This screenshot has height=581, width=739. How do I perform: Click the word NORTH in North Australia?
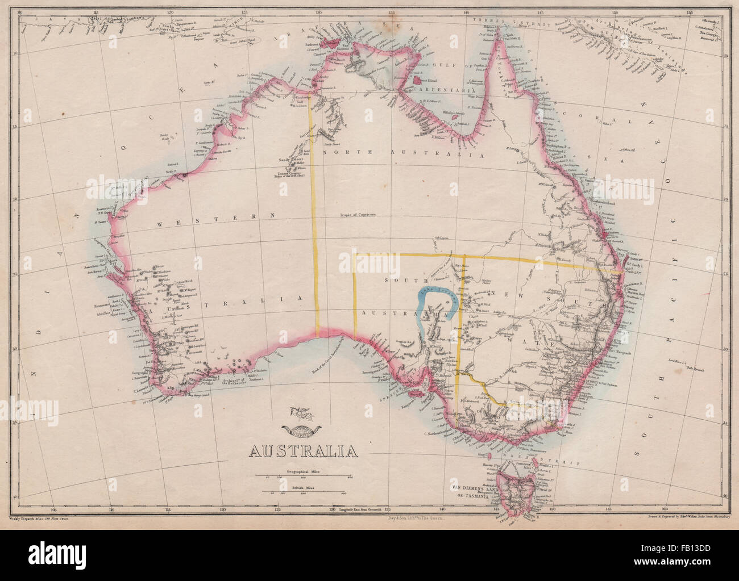(x=341, y=153)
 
